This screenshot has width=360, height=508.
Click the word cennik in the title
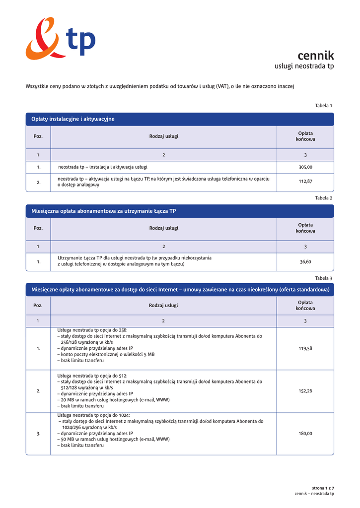point(315,56)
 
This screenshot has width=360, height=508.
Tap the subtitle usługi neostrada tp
point(304,66)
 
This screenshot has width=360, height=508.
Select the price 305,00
point(305,167)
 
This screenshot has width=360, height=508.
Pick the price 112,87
point(305,182)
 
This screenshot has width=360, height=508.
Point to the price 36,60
point(305,261)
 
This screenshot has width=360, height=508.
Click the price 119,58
point(305,348)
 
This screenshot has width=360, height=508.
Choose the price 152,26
point(305,391)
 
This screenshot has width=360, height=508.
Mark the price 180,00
point(305,434)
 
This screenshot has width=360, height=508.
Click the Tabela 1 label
point(323,106)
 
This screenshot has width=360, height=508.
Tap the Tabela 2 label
point(323,198)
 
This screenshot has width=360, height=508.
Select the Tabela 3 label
point(323,278)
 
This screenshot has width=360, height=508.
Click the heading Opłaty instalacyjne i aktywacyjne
point(73,119)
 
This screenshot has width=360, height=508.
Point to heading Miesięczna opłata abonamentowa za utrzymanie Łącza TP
point(103,211)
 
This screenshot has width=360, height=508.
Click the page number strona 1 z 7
point(323,488)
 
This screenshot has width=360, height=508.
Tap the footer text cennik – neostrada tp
point(314,494)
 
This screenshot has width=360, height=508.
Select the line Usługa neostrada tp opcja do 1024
point(93,415)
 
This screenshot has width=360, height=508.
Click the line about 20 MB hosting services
point(113,400)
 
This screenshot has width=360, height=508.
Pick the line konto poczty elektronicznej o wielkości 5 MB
point(106,355)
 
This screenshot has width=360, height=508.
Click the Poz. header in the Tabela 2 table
point(38,228)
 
